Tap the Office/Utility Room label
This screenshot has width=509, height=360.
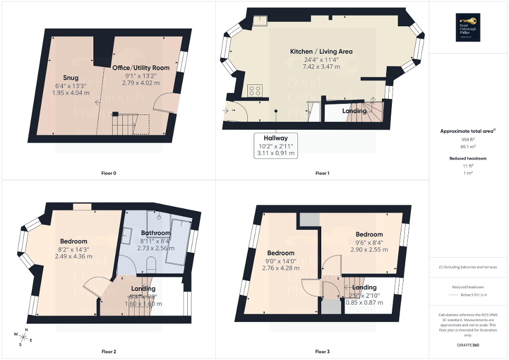coord(141,67)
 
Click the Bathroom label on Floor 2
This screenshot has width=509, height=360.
coord(156,233)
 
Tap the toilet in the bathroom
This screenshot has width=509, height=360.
coord(151,264)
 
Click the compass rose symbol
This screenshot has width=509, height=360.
coord(24,335)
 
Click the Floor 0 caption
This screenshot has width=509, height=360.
coord(108,173)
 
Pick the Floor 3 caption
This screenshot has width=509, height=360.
coord(322,351)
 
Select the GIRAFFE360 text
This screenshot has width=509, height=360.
coord(469,345)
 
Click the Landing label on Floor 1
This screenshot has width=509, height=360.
coord(354,111)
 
